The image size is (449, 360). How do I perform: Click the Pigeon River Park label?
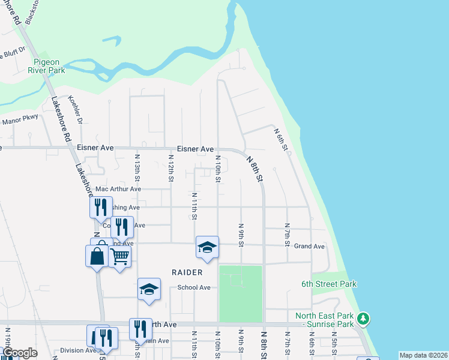coord(49,66)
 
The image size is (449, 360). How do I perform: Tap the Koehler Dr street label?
coord(75,107)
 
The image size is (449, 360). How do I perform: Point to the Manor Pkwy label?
coord(20,121)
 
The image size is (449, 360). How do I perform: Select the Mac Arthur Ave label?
coord(118,189)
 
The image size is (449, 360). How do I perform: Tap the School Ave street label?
coord(194,287)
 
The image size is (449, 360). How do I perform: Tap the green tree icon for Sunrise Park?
coord(363,317)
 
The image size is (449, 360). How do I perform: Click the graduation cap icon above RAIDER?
coord(207,247)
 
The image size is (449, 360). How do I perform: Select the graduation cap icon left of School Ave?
coord(149,289)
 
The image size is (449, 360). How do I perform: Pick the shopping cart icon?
coord(120,256)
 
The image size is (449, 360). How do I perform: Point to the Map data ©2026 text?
coord(423,355)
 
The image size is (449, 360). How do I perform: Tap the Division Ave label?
coord(78,351)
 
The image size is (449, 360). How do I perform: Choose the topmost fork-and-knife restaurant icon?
coord(101,207)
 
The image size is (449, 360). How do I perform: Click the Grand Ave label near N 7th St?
coord(309,247)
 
